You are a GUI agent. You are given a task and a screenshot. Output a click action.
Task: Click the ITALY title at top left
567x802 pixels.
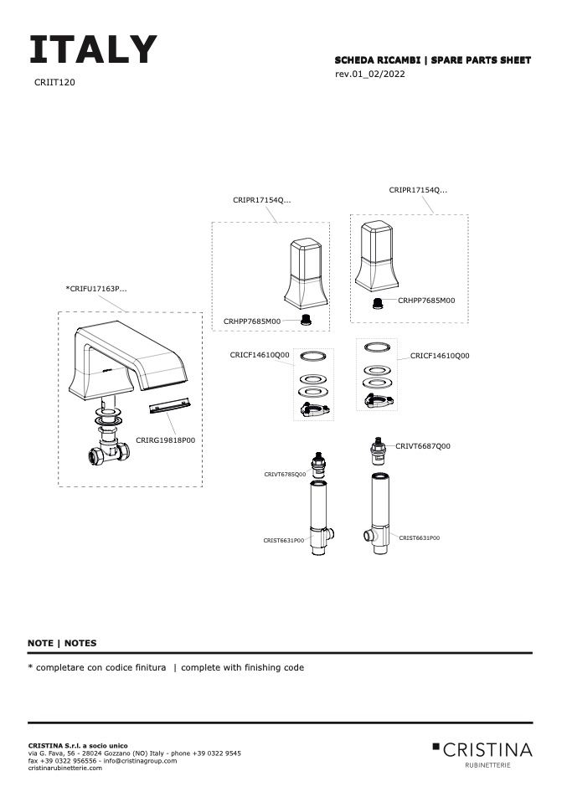[x=93, y=50]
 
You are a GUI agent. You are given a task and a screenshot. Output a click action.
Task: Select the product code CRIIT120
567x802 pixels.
[x=55, y=83]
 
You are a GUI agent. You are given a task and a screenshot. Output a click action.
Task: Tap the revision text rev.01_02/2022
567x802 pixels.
[x=370, y=75]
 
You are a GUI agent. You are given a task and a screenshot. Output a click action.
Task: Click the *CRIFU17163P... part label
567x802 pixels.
[x=96, y=289]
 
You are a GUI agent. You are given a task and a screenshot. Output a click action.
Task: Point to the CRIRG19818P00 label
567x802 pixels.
[x=165, y=440]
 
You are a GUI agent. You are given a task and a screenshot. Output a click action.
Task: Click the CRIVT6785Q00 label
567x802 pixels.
[x=285, y=474]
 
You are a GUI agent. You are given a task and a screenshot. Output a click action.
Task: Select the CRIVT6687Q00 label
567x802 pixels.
[x=423, y=446]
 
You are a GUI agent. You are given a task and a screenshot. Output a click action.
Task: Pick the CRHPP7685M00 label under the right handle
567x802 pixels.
[x=426, y=300]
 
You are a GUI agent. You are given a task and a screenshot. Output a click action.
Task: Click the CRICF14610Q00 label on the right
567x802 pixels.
[x=440, y=356]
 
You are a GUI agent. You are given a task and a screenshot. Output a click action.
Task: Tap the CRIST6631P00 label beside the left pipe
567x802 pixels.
[x=284, y=541]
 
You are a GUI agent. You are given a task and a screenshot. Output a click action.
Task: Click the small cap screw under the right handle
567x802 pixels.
[x=378, y=302]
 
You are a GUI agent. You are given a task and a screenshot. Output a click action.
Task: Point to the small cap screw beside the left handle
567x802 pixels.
[x=306, y=318]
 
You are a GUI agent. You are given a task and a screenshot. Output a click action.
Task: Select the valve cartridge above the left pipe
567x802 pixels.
[x=319, y=466]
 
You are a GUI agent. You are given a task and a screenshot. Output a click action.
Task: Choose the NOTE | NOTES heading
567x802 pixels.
[x=62, y=643]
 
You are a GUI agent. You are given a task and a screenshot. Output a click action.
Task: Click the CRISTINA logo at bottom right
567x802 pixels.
[x=482, y=749]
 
